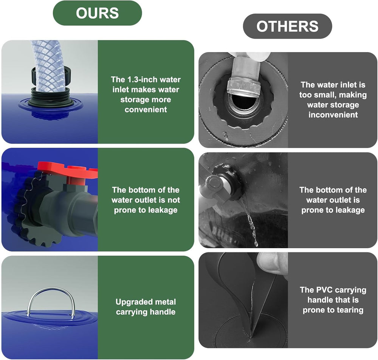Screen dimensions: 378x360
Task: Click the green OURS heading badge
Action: click(x=97, y=13)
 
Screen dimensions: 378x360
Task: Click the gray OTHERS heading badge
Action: click(x=287, y=26)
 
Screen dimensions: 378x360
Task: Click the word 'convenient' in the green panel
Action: click(x=146, y=110)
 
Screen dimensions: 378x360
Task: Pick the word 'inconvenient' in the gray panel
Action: click(x=333, y=115)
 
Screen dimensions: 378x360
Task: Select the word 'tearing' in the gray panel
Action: click(x=350, y=310)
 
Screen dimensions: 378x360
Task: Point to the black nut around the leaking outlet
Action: click(x=225, y=182)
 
